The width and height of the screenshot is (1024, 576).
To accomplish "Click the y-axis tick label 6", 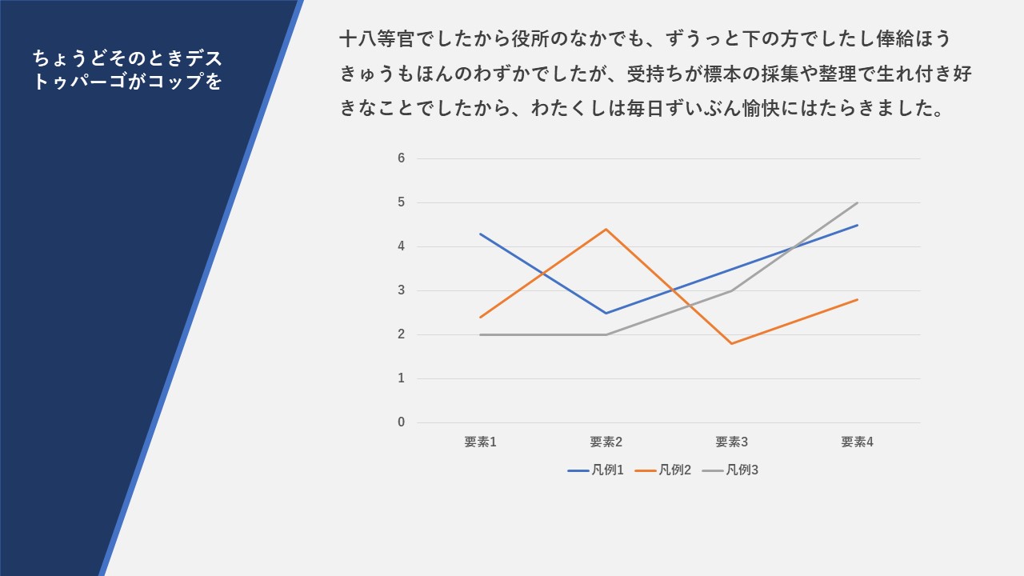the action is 401,158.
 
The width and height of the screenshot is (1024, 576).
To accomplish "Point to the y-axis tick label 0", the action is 401,422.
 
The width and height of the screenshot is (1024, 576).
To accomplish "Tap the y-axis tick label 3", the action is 401,290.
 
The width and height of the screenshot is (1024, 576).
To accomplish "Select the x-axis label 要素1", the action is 481,442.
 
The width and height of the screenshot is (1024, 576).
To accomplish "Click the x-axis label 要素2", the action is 606,442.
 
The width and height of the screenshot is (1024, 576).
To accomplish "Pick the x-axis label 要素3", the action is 731,442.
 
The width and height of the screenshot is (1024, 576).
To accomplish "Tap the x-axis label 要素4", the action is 857,442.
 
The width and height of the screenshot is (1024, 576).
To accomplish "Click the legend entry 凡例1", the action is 596,470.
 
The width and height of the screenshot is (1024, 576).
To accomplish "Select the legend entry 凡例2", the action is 663,470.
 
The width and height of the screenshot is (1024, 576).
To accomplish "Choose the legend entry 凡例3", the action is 730,470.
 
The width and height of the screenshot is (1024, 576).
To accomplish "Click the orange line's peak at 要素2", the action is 606,229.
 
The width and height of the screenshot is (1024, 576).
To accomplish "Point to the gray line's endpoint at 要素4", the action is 857,202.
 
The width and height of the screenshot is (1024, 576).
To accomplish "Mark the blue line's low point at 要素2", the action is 606,313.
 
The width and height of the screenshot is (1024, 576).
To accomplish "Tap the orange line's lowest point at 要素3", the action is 731,344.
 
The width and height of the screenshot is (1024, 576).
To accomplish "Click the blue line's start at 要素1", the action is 481,234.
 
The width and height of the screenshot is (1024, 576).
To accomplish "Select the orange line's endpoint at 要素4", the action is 857,299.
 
